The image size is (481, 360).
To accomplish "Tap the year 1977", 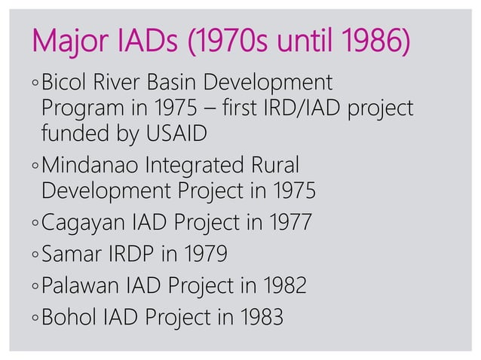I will click(x=287, y=224).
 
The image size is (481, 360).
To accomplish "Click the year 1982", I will click(x=283, y=286).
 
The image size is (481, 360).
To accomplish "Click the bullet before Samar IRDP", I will click(x=35, y=256).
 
